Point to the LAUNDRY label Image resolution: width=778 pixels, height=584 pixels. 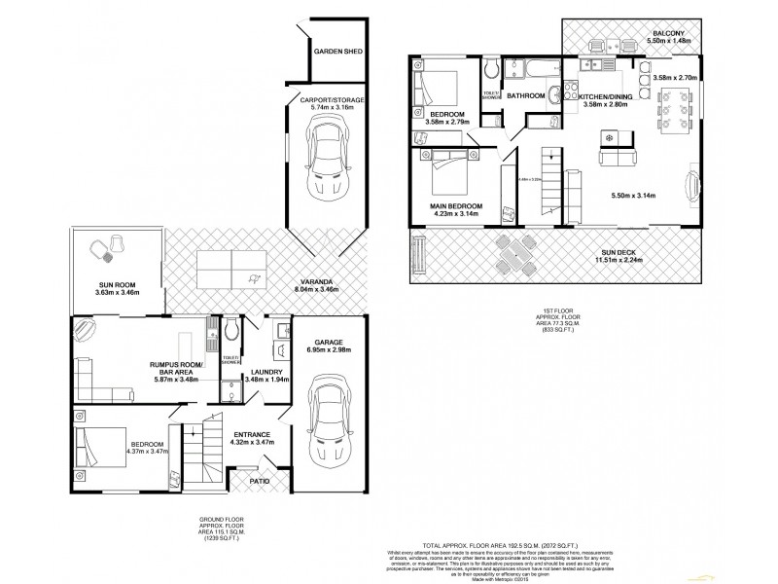point(265,372)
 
